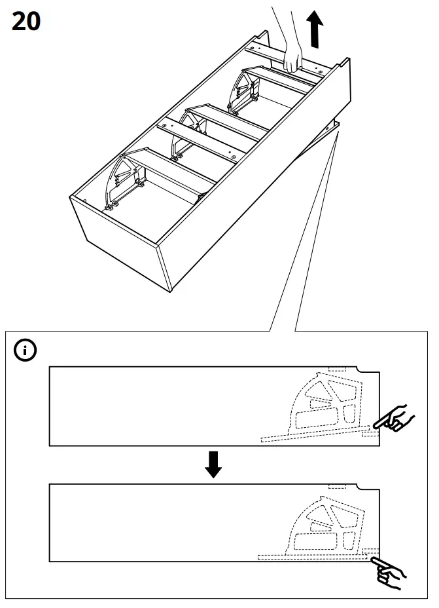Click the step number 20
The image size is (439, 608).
click(x=26, y=22)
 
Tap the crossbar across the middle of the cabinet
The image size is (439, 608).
click(x=203, y=138)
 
